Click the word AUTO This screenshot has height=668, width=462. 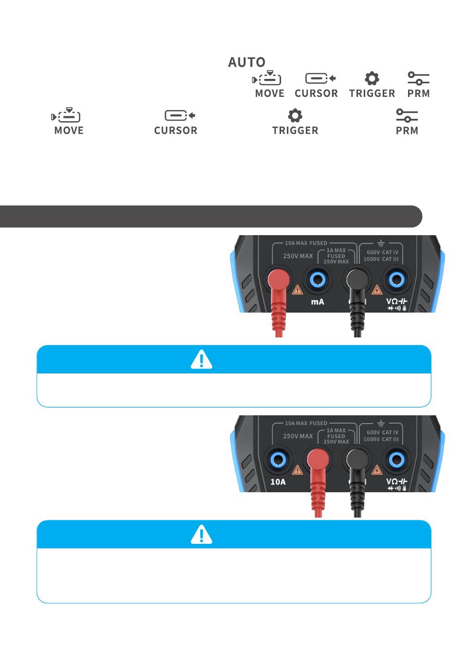click(x=247, y=62)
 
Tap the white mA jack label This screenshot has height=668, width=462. click(x=317, y=302)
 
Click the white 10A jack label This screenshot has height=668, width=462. click(x=278, y=482)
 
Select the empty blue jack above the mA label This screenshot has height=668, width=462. click(x=318, y=280)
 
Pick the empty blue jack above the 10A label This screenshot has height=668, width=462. click(x=278, y=460)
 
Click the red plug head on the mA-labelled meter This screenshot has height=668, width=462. click(x=278, y=279)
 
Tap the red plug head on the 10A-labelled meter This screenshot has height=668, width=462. click(x=318, y=460)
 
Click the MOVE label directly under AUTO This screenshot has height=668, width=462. click(x=269, y=93)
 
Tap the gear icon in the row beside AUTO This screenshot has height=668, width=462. click(x=372, y=78)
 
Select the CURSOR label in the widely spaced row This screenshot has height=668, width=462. click(x=176, y=130)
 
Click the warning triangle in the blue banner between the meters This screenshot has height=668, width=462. click(x=201, y=359)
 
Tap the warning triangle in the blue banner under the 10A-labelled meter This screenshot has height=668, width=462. click(x=201, y=535)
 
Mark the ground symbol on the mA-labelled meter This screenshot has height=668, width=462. click(x=381, y=243)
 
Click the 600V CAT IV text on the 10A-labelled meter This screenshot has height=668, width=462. click(x=382, y=432)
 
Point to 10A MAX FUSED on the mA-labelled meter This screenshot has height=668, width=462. click(x=306, y=243)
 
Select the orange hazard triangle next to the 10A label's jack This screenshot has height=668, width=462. click(x=297, y=470)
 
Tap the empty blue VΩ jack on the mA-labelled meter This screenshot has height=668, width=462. click(x=397, y=280)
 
